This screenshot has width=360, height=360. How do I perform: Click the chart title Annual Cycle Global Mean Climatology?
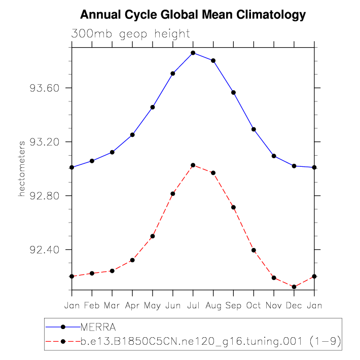[193, 15]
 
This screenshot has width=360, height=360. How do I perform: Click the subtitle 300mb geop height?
[131, 34]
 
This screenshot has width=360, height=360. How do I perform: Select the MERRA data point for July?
[193, 53]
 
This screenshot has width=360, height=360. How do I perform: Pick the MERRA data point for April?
[132, 134]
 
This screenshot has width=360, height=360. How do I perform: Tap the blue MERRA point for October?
[254, 129]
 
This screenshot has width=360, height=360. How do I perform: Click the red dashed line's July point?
[193, 165]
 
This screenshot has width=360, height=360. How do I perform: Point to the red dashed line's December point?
[294, 287]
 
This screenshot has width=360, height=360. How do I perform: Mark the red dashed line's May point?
[153, 236]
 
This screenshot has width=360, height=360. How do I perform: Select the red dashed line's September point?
[234, 207]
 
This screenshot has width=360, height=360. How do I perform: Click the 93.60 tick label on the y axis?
[46, 88]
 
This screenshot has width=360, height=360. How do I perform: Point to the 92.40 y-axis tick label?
[46, 250]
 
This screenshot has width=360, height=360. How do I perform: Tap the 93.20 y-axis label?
[46, 142]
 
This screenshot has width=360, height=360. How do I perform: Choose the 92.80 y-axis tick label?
[46, 196]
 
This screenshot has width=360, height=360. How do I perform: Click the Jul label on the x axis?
[193, 305]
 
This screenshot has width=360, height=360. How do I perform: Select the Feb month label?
[92, 305]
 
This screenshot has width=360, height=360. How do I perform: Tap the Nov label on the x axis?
[274, 305]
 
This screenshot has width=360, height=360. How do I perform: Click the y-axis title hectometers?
[22, 169]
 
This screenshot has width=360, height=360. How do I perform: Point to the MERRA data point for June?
[173, 74]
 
